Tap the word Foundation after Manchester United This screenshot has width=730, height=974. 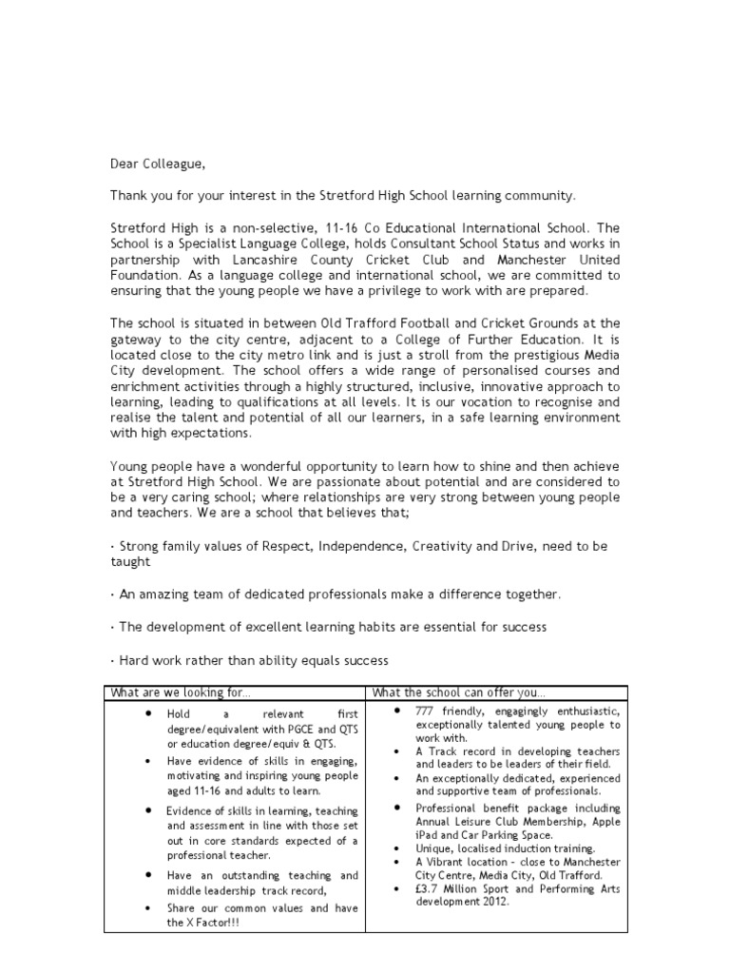(145, 275)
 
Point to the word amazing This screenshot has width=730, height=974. (156, 594)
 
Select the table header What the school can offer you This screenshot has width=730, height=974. (458, 692)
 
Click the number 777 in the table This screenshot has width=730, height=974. (425, 712)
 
